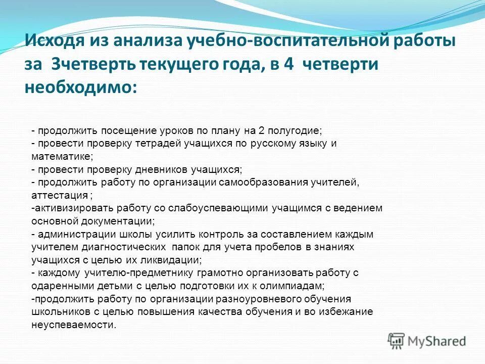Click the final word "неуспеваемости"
(73, 325)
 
